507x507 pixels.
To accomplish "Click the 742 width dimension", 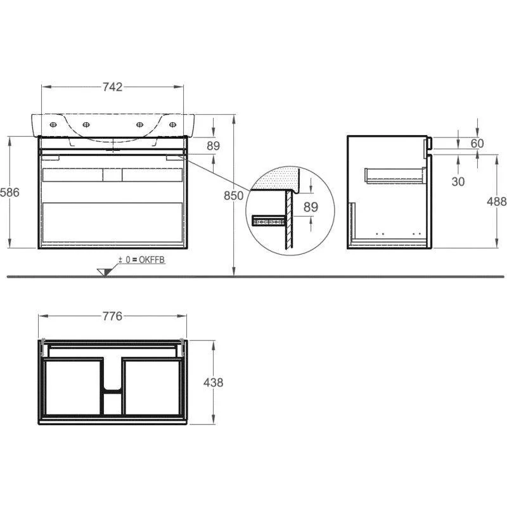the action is point(113,87).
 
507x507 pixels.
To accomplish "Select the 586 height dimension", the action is point(10,192).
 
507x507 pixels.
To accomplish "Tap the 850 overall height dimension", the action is point(233,195).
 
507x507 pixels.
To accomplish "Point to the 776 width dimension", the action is point(113,316).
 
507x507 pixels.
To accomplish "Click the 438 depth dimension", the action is point(213,382).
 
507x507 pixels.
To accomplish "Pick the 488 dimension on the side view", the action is point(497,201).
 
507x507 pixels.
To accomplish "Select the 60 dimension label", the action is point(477,143).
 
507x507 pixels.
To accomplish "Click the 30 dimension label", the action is point(458,181).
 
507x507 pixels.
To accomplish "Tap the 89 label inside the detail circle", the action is point(311,207).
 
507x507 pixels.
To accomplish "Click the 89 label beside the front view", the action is point(213,146).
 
